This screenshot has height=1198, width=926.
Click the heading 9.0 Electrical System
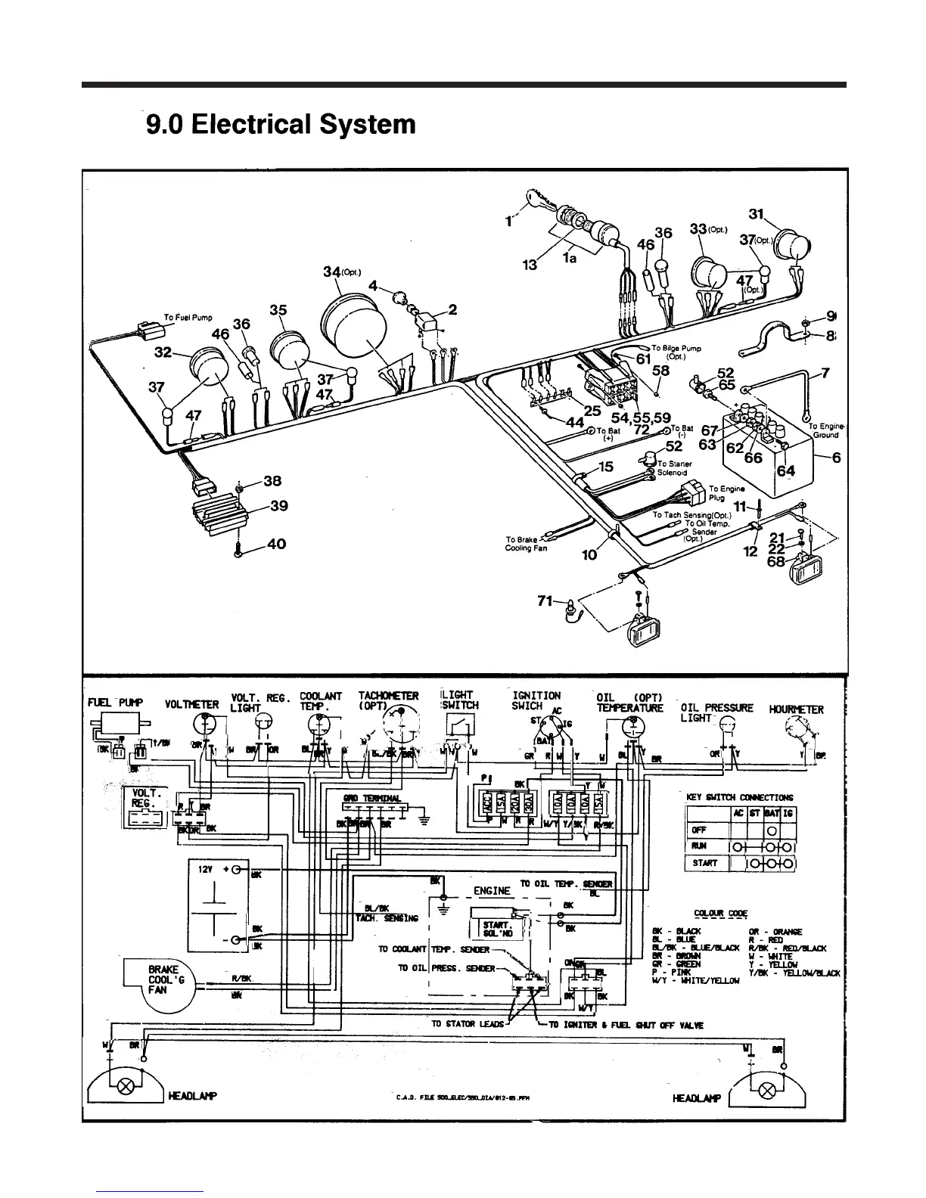pyautogui.click(x=281, y=124)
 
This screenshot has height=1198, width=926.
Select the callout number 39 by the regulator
pyautogui.click(x=278, y=506)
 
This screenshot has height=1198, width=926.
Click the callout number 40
pyautogui.click(x=277, y=545)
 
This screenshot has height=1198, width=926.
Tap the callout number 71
pyautogui.click(x=545, y=601)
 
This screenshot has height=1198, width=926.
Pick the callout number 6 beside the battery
pyautogui.click(x=836, y=458)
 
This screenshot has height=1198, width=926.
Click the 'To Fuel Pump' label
pyautogui.click(x=188, y=318)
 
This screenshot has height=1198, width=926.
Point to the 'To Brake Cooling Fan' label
pyautogui.click(x=523, y=544)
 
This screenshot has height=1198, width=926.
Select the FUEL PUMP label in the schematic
pyautogui.click(x=116, y=703)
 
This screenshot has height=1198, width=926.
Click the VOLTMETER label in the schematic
pyautogui.click(x=191, y=705)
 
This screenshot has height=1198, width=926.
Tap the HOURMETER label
pyautogui.click(x=796, y=709)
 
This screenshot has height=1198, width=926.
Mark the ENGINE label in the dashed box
pyautogui.click(x=492, y=891)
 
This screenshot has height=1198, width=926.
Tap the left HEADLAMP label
pyautogui.click(x=193, y=1096)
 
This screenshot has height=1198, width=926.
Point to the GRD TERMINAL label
pyautogui.click(x=362, y=799)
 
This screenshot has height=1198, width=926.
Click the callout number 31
pyautogui.click(x=757, y=214)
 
